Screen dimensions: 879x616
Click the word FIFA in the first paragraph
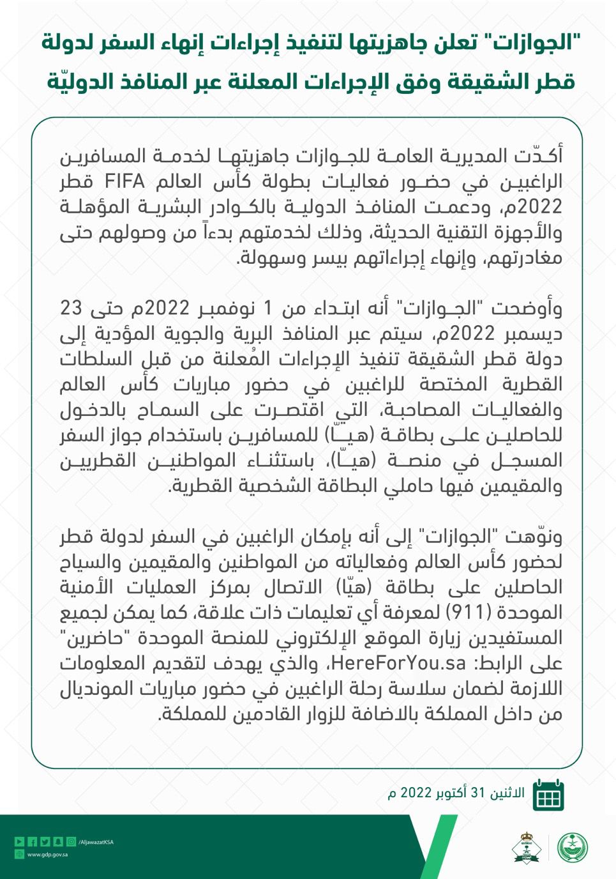[x=125, y=182]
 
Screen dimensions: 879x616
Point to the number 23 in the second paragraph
[x=71, y=309]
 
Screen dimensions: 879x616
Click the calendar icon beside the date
[x=548, y=795]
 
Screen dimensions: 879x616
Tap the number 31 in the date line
[x=478, y=793]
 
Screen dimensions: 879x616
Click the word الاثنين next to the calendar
[x=507, y=793]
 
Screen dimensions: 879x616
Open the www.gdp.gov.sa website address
[x=47, y=854]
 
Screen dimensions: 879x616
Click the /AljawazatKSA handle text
[x=96, y=842]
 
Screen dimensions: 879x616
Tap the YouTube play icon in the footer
[x=19, y=842]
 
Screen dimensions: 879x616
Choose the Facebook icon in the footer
[x=32, y=842]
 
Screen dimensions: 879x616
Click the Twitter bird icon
[x=45, y=842]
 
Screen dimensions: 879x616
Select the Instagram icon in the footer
[x=71, y=842]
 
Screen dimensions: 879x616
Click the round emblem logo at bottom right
[x=573, y=848]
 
